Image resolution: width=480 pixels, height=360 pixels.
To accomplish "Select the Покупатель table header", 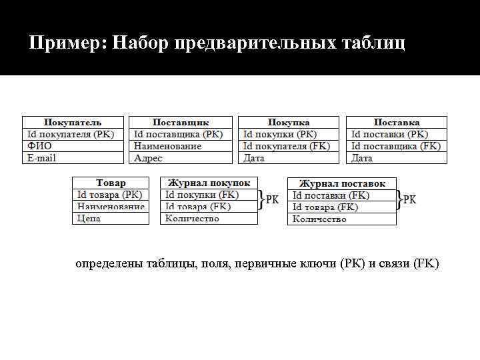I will [73, 122].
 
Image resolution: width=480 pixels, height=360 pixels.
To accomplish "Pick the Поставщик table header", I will [181, 122].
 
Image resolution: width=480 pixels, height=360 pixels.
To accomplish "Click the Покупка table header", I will [289, 122].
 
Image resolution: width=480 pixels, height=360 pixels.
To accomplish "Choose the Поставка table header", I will [397, 122].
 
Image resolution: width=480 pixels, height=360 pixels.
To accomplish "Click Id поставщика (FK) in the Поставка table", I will [396, 146].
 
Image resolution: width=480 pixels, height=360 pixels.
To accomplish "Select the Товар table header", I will [111, 183].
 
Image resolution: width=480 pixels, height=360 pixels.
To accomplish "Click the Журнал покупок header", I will [209, 183].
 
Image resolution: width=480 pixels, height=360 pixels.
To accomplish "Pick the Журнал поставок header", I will [342, 183].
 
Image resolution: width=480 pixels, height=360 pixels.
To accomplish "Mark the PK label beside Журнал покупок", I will [273, 199].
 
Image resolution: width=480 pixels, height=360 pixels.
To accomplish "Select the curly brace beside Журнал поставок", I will [399, 200].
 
